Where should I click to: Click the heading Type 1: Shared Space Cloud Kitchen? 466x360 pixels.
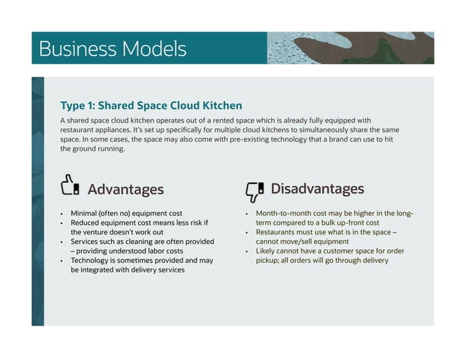(150, 105)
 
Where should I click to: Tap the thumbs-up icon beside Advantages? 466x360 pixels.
(70, 186)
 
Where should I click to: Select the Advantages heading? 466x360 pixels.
(126, 190)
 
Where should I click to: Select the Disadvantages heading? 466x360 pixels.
(317, 189)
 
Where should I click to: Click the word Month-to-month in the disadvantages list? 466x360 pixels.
(281, 214)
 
